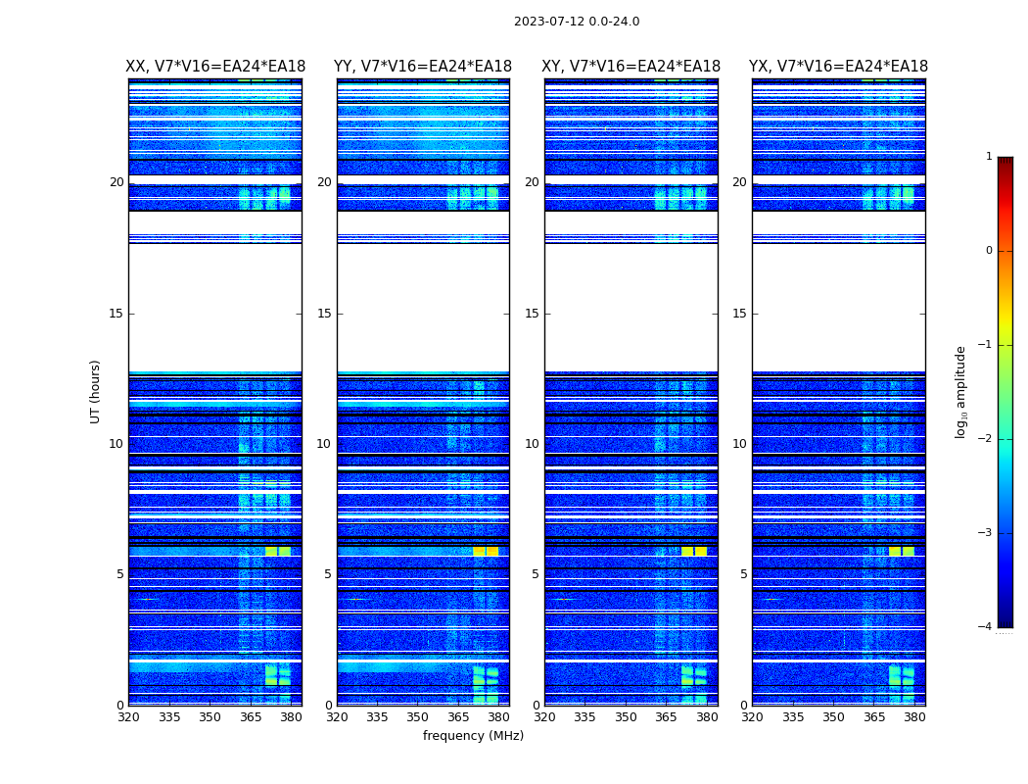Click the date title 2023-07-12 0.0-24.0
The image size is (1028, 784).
pyautogui.click(x=577, y=22)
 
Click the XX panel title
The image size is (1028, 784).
pyautogui.click(x=215, y=67)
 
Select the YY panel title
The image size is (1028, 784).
pyautogui.click(x=423, y=67)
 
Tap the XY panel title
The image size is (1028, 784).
pyautogui.click(x=631, y=67)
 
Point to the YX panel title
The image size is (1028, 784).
pyautogui.click(x=838, y=67)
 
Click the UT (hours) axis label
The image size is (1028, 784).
pyautogui.click(x=96, y=391)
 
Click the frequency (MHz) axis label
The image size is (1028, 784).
pyautogui.click(x=473, y=736)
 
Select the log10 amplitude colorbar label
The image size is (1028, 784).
pyautogui.click(x=961, y=391)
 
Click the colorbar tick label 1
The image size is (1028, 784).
pyautogui.click(x=989, y=157)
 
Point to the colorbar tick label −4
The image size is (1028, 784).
pyautogui.click(x=986, y=627)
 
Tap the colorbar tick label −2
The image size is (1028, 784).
pyautogui.click(x=986, y=439)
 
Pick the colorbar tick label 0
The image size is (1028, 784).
pyautogui.click(x=989, y=251)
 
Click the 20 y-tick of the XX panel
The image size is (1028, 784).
pyautogui.click(x=117, y=182)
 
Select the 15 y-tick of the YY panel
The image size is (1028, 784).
pyautogui.click(x=324, y=314)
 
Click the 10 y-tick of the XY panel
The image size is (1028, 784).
pyautogui.click(x=532, y=444)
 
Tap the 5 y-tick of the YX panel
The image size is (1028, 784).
pyautogui.click(x=743, y=574)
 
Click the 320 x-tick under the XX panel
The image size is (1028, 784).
pyautogui.click(x=128, y=717)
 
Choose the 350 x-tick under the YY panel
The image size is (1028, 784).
pyautogui.click(x=418, y=717)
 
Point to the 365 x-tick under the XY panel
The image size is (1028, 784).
pyautogui.click(x=666, y=717)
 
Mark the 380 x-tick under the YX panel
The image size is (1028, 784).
pyautogui.click(x=914, y=717)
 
